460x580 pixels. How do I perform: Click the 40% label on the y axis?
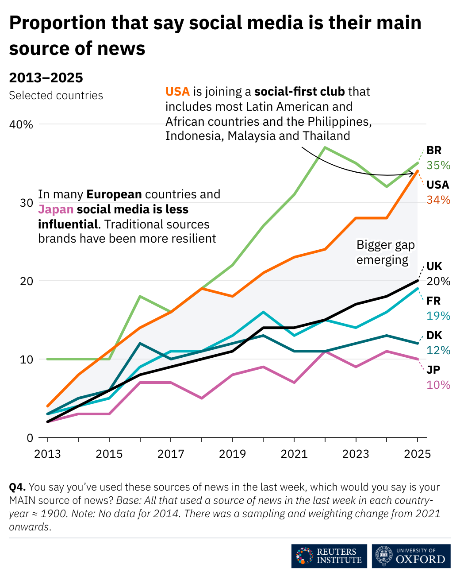tap(21, 124)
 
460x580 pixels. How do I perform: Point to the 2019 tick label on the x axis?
tap(233, 454)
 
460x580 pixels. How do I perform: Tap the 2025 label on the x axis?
tap(418, 454)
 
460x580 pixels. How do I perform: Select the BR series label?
tap(434, 151)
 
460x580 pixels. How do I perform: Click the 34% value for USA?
tap(438, 200)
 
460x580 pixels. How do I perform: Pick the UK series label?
tap(434, 267)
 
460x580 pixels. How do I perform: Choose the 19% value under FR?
tap(438, 316)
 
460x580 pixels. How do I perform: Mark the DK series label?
tap(434, 336)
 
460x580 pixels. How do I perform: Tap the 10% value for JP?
tap(438, 385)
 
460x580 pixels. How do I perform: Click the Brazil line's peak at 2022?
tap(325, 147)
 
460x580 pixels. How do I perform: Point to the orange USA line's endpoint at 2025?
tap(418, 171)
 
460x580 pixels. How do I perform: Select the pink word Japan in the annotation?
tap(56, 209)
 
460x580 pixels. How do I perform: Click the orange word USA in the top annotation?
tap(177, 92)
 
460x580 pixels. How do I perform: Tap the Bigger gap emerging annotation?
tap(385, 252)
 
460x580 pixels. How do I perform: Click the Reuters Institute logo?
tap(329, 556)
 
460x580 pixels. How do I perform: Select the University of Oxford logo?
tap(411, 556)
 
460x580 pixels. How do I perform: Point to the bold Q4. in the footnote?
tap(17, 487)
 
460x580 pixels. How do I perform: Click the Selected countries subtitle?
tap(56, 96)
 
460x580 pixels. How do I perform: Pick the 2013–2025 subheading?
tap(46, 78)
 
